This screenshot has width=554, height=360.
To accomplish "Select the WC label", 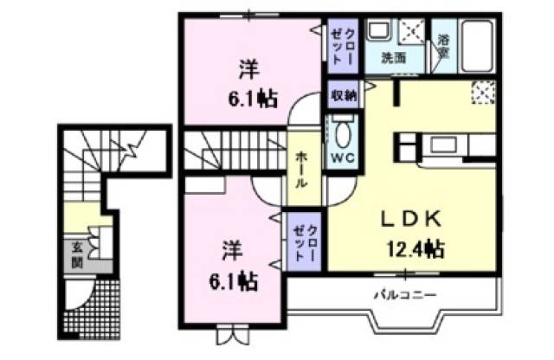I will (x=341, y=159).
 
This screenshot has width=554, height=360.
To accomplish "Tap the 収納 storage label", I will (x=343, y=95).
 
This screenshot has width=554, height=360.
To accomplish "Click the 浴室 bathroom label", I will (x=443, y=46).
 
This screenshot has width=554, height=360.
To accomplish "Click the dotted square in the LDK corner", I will (x=483, y=91).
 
